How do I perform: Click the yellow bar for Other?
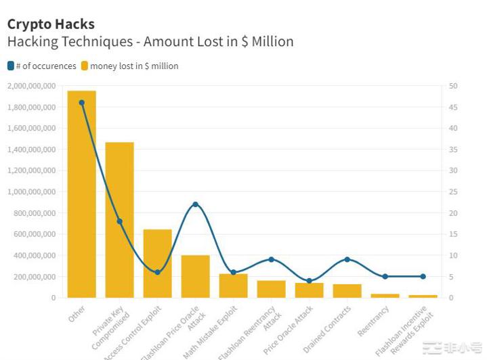click(x=81, y=196)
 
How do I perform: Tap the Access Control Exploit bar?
click(x=157, y=264)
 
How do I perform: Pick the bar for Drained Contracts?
click(x=347, y=291)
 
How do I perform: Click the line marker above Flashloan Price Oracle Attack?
click(x=195, y=204)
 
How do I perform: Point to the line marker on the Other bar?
click(x=81, y=103)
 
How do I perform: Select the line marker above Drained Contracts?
click(x=347, y=259)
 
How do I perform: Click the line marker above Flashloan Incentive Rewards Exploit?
click(x=423, y=276)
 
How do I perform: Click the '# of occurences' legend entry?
click(x=42, y=66)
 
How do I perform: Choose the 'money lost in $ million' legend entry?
click(x=130, y=66)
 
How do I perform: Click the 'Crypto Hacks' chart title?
click(x=51, y=24)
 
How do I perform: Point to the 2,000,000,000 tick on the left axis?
click(x=32, y=86)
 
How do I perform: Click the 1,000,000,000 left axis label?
click(x=32, y=192)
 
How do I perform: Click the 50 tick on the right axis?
click(x=453, y=86)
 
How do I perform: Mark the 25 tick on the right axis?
click(x=453, y=192)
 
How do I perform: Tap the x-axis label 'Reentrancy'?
click(x=373, y=321)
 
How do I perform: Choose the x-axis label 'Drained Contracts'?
click(x=327, y=329)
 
